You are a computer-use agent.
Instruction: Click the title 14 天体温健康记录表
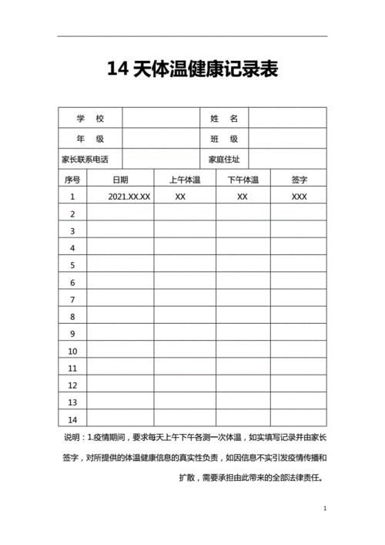coord(192,71)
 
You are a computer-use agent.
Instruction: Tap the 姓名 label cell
coord(224,119)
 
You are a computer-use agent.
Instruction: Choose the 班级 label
coord(224,140)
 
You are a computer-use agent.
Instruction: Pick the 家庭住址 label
coord(224,160)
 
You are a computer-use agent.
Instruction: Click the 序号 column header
coord(72,180)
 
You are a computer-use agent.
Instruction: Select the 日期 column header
coord(121,180)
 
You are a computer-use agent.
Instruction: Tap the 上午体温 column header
coord(185,180)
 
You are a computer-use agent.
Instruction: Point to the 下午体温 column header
coord(243,180)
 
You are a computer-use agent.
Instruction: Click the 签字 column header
coord(299,180)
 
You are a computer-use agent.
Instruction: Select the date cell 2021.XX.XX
coord(129,197)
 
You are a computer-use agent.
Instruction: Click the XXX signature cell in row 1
coord(299,197)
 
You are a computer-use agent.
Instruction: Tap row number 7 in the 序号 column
coord(72,299)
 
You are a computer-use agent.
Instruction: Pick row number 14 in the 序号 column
coord(72,419)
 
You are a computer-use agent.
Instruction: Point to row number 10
coord(72,351)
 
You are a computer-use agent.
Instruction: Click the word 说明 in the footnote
coord(71,437)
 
